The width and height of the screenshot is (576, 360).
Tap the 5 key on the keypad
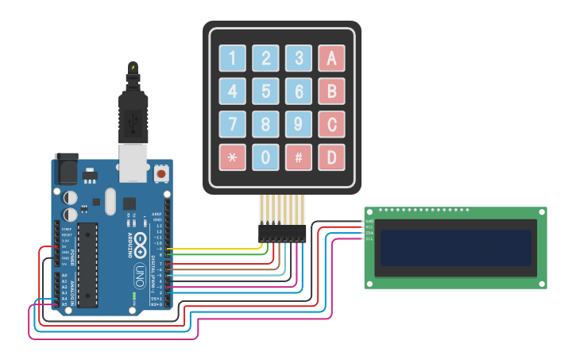265,91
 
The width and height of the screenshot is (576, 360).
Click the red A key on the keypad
331,58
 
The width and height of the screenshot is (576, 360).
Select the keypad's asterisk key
232,157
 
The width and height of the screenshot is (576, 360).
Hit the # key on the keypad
298,157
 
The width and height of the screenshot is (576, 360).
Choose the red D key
331,157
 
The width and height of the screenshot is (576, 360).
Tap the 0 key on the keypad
265,157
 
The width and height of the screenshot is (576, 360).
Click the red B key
331,91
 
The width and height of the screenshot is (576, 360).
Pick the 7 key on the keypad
232,124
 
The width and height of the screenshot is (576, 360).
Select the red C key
331,124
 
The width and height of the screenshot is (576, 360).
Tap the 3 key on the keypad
298,58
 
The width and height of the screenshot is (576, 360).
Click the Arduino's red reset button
161,172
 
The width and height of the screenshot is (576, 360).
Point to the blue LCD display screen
455,249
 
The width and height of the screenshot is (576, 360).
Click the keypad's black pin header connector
282,232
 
